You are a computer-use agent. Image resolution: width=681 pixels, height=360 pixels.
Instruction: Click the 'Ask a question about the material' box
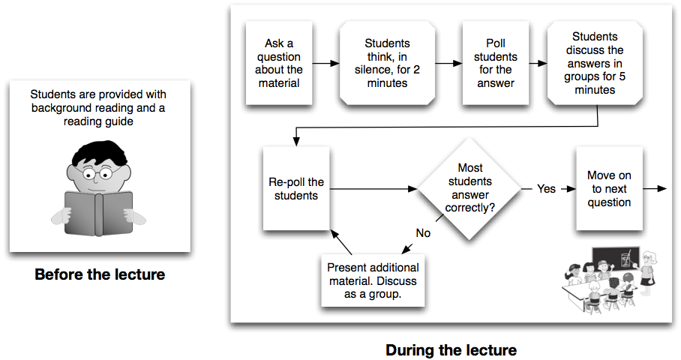tap(279, 63)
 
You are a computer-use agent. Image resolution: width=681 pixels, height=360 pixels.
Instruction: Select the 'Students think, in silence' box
tap(387, 63)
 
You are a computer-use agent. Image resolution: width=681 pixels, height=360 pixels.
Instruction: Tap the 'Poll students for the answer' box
tap(496, 63)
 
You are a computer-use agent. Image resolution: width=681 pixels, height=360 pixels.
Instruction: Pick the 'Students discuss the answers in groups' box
tap(595, 63)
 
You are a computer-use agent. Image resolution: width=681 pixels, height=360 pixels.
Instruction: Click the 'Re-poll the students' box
tap(296, 188)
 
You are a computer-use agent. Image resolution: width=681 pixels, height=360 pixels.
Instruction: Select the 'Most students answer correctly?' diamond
tap(469, 188)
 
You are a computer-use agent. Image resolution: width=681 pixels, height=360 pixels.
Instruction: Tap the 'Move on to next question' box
tap(609, 188)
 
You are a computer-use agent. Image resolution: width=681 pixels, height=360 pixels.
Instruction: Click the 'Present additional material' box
tap(373, 280)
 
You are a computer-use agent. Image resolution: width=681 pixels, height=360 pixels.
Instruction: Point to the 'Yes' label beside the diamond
tap(546, 189)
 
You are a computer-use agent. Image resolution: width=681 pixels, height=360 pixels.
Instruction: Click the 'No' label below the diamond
tap(423, 233)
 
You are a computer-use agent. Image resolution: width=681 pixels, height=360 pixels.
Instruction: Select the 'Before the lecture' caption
tap(100, 274)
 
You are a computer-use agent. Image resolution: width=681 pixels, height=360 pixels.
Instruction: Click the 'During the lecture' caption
tap(451, 350)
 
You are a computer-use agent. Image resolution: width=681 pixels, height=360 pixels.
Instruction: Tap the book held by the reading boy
tap(98, 214)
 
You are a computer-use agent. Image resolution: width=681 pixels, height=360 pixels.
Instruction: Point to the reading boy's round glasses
tap(97, 175)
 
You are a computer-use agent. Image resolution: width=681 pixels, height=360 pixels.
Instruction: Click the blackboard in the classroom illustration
tap(616, 259)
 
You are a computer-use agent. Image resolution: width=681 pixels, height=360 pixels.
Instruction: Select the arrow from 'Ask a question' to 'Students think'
tap(325, 64)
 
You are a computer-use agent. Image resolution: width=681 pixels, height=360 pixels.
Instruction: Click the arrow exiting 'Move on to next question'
tap(655, 188)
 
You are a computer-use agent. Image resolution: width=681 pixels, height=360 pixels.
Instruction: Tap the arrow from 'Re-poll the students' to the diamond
tap(373, 189)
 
